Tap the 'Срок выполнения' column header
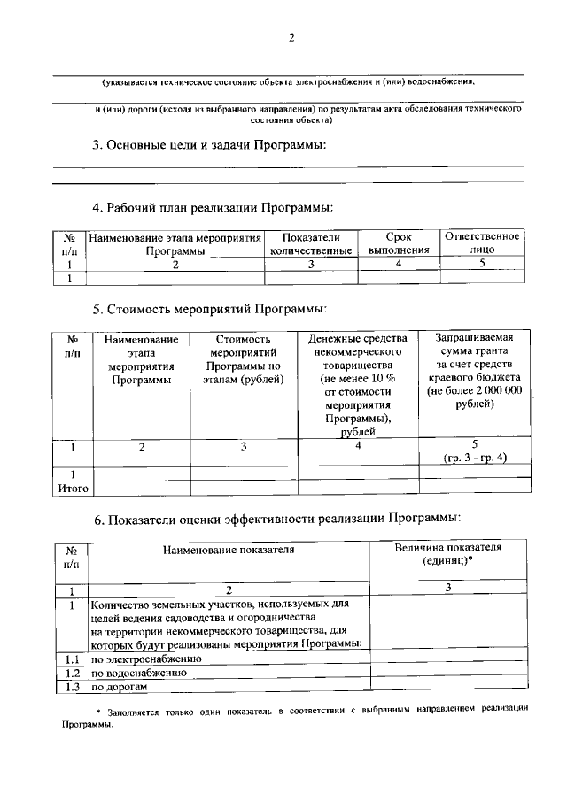pyautogui.click(x=399, y=244)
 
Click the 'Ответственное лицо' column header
pyautogui.click(x=482, y=243)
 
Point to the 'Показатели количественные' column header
pyautogui.click(x=311, y=244)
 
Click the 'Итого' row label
pyautogui.click(x=74, y=487)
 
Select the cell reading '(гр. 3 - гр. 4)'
pyautogui.click(x=475, y=458)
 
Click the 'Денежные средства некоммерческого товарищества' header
pyautogui.click(x=358, y=384)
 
